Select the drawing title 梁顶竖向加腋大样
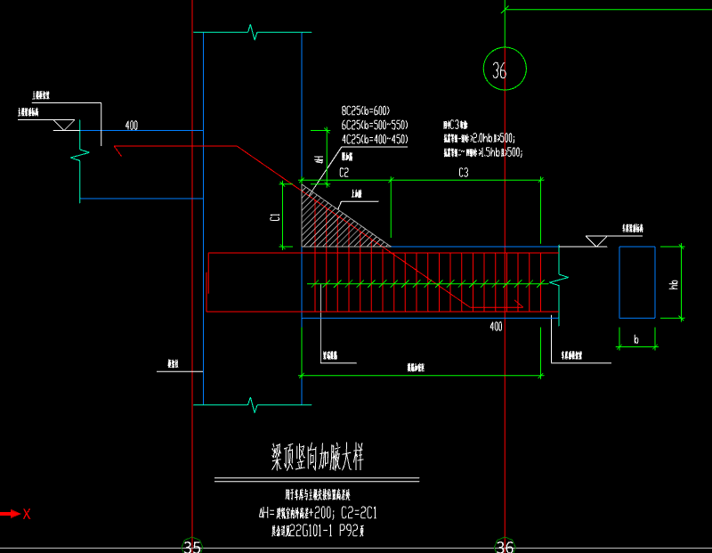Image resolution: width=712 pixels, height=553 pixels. coord(318,459)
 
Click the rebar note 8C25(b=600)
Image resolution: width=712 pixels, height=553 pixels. coord(373,111)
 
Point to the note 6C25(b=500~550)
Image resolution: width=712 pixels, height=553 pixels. coord(374,126)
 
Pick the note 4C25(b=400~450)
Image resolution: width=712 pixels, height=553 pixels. coord(374,140)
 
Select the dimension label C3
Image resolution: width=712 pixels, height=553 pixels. coord(463,171)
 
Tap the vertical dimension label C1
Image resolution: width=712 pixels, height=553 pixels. coord(275,215)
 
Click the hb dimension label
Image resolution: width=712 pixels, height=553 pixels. coord(675,284)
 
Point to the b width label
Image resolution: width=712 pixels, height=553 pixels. coord(636,339)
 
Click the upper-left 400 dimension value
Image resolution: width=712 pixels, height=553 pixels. coord(132,126)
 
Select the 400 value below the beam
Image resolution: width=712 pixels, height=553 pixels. coord(496,327)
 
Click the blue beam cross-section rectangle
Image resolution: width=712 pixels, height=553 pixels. coord(637,282)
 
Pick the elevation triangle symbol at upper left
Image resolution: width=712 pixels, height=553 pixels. coord(64,126)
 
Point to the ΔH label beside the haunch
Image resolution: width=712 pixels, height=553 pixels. coord(319,159)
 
